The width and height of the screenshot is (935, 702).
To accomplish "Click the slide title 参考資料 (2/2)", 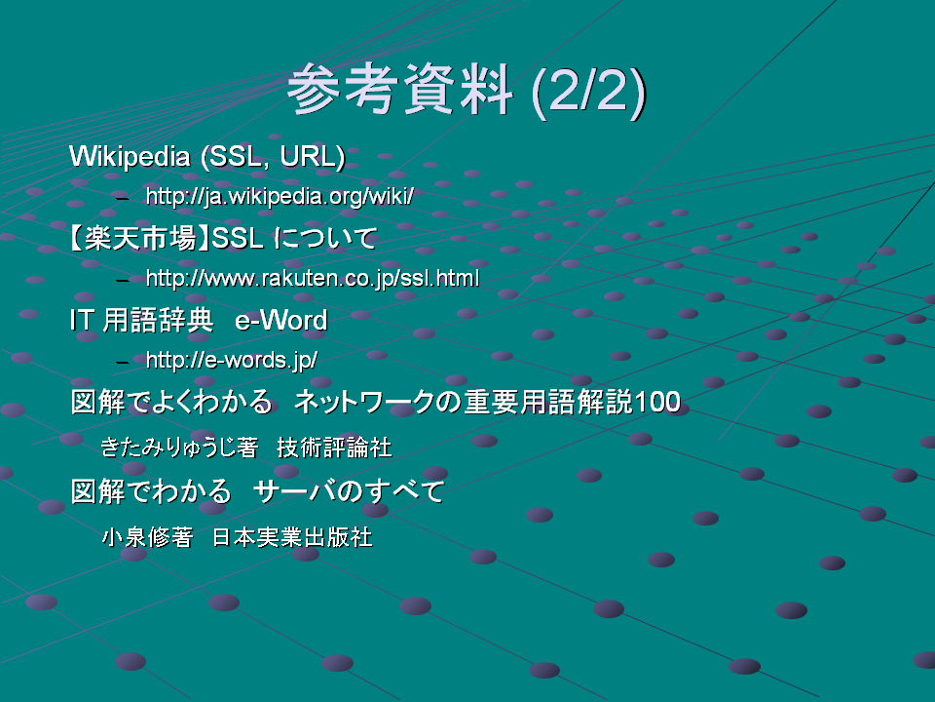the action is (467, 91).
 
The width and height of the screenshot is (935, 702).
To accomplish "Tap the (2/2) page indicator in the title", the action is (588, 92).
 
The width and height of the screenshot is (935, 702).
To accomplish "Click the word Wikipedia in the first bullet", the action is (130, 156).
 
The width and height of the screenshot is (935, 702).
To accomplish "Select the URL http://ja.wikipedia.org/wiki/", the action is (280, 196).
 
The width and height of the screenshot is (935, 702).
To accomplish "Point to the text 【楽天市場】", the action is (139, 238).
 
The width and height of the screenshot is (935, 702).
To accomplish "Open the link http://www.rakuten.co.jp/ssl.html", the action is (313, 278).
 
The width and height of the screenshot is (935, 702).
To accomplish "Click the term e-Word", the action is (280, 321).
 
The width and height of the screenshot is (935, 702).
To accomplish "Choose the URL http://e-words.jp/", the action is (232, 360).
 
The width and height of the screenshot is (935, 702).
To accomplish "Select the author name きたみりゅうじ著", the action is (179, 448).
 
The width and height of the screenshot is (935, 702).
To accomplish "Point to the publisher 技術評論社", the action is (334, 448).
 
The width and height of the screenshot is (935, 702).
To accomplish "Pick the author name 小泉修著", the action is (148, 537).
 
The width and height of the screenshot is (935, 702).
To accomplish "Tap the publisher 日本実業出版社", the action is (293, 537).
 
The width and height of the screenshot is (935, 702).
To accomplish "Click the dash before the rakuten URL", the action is (123, 280).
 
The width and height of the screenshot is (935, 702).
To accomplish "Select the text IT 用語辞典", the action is (141, 321).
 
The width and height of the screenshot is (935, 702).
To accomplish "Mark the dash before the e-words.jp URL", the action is (123, 362).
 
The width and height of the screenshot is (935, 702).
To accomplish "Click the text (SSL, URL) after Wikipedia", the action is (273, 157).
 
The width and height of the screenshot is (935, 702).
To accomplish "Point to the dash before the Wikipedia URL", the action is (123, 198).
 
